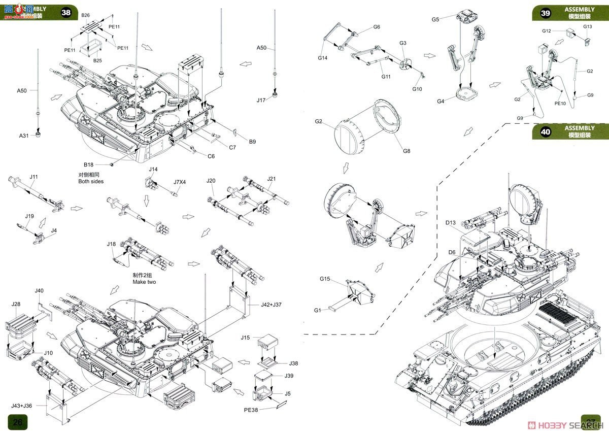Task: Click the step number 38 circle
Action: [66, 13]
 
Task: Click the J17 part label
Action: [261, 100]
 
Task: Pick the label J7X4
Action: [180, 182]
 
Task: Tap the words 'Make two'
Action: [145, 281]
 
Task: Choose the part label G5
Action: [435, 19]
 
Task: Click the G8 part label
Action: [407, 151]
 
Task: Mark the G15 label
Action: [325, 279]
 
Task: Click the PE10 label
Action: [560, 103]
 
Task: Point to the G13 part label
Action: [587, 26]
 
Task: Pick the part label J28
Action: [15, 304]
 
